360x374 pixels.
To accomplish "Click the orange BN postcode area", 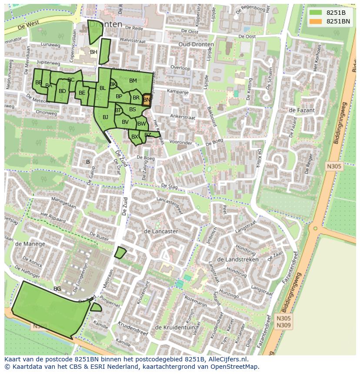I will (x=147, y=99).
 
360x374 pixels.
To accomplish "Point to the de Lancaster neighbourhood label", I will (x=160, y=231).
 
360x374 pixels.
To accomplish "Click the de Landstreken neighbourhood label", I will (x=237, y=259).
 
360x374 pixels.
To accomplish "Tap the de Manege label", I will (x=30, y=244).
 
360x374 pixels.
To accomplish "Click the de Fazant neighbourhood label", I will (x=301, y=110).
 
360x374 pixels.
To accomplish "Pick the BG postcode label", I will (x=57, y=288).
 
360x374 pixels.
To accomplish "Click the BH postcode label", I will (x=93, y=52).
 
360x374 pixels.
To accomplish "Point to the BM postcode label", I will (x=133, y=80).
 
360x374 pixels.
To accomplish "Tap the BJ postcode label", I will (x=105, y=117).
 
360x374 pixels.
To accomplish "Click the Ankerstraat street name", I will (x=183, y=117).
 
